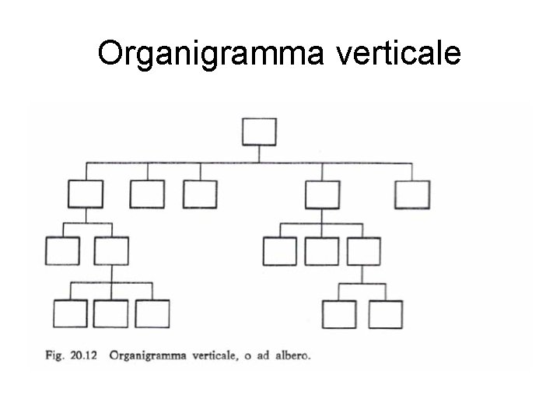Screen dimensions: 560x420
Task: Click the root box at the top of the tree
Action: (x=259, y=131)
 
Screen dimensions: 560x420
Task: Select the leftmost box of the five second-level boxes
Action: (x=85, y=194)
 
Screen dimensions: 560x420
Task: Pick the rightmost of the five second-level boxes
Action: (x=412, y=194)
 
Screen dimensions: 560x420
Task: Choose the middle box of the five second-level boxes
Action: (x=200, y=194)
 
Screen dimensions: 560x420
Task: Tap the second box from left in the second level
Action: (x=147, y=194)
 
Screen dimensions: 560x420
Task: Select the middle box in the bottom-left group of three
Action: (x=110, y=313)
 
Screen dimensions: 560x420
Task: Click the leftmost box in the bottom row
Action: (x=69, y=313)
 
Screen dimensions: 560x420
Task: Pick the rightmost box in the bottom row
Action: (x=386, y=313)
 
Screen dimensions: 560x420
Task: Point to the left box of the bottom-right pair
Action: (x=339, y=313)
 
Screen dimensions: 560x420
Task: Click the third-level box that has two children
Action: (x=363, y=251)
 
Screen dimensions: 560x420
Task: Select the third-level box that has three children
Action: (x=110, y=251)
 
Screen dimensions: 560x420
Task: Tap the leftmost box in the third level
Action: (x=62, y=251)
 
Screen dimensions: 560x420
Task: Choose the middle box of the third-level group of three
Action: (x=321, y=251)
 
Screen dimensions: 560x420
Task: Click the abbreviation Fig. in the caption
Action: (x=54, y=357)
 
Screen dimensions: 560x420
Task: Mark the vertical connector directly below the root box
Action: (x=259, y=153)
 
